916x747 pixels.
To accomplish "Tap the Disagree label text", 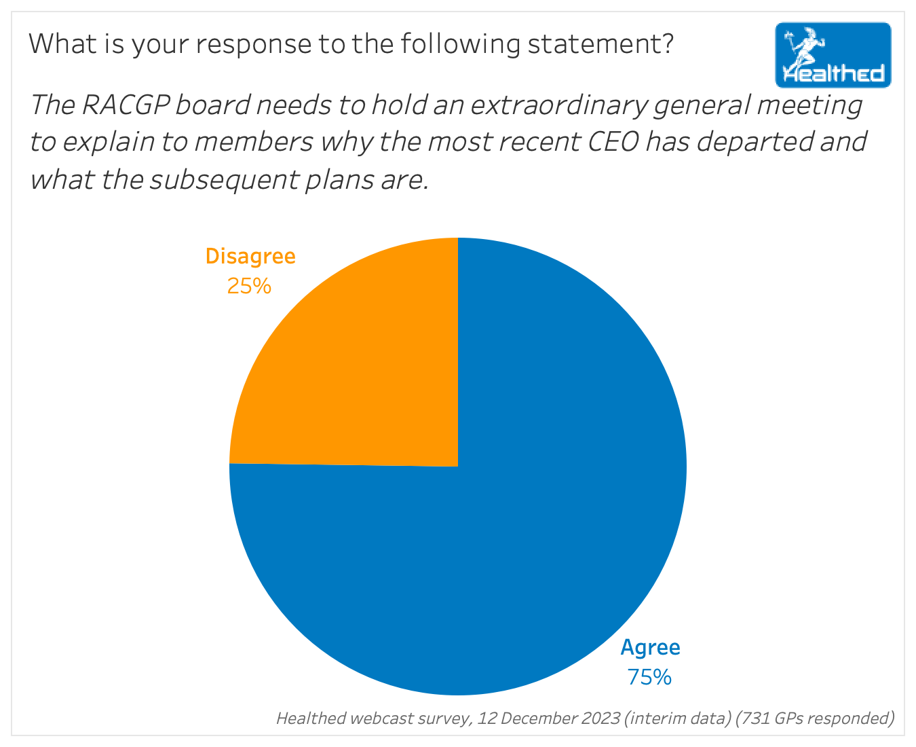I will tap(250, 257).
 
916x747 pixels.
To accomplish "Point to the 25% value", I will tap(249, 287).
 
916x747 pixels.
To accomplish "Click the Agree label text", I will tap(650, 648).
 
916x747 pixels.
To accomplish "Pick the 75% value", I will tap(649, 677).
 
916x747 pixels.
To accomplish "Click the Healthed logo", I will tap(833, 55).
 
